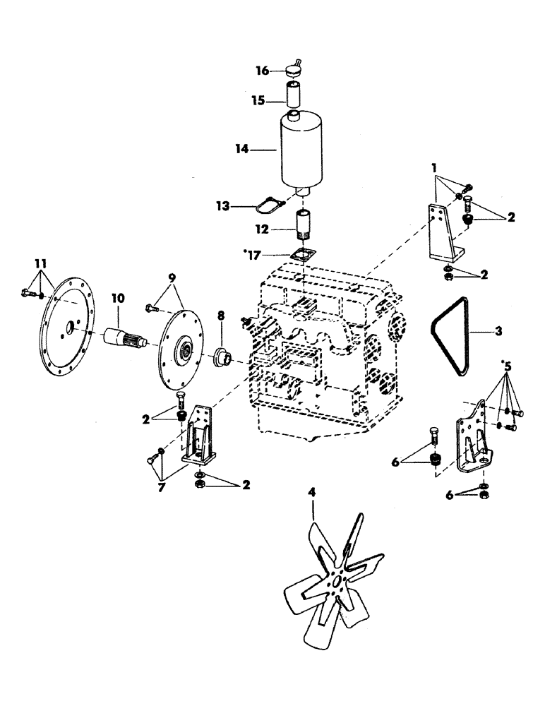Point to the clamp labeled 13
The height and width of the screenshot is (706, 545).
click(271, 205)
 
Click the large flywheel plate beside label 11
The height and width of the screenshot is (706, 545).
click(71, 331)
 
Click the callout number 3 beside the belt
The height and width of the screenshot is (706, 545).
click(498, 330)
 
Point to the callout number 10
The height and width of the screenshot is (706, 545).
click(118, 299)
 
